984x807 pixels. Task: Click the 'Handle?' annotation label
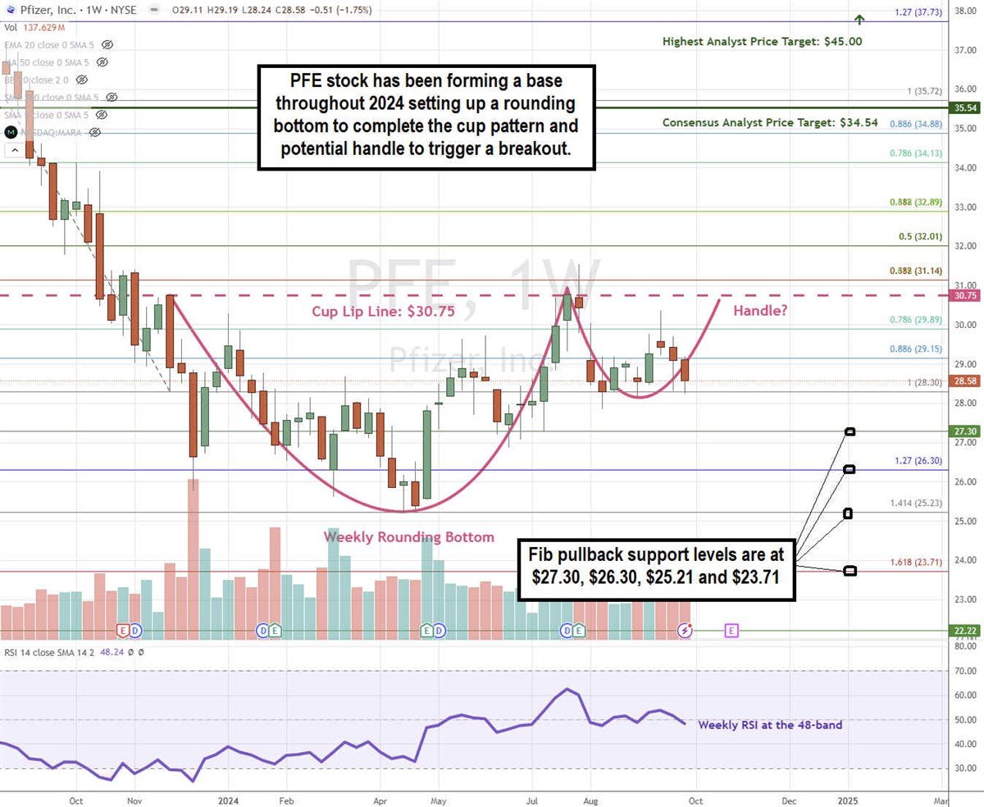[761, 311]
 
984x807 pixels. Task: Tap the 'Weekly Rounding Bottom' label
[408, 537]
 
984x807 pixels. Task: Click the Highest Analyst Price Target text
[762, 41]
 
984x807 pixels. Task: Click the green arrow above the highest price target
[859, 20]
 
